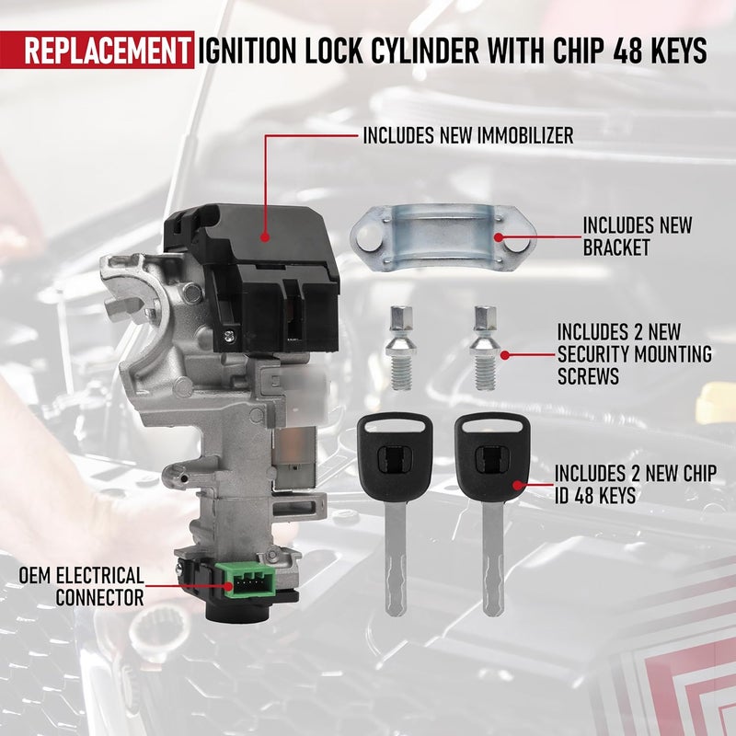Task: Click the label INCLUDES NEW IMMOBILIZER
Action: click(x=467, y=136)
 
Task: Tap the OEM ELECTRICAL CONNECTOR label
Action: click(x=82, y=586)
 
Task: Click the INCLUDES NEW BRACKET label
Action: click(x=638, y=236)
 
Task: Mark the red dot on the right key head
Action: click(x=520, y=481)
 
